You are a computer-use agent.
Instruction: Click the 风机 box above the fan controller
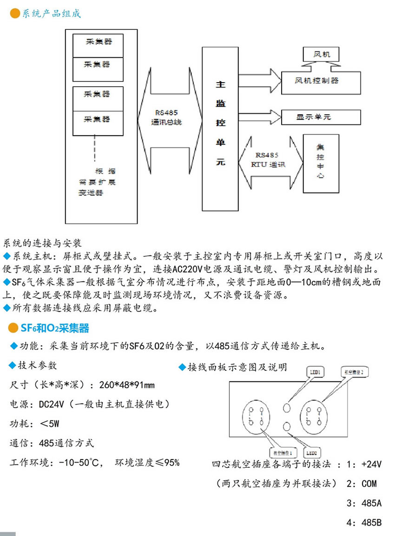tap(320, 55)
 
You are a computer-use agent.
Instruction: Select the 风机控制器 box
tap(320, 81)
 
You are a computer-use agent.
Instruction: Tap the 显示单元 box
tap(320, 117)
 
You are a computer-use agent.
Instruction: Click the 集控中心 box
tap(320, 163)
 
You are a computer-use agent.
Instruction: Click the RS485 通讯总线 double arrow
tap(169, 119)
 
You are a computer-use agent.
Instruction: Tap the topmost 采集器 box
tap(98, 42)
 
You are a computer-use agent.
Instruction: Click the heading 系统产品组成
tap(51, 13)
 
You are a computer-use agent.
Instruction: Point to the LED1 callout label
tap(316, 372)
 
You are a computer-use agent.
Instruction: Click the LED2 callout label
tap(312, 452)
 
